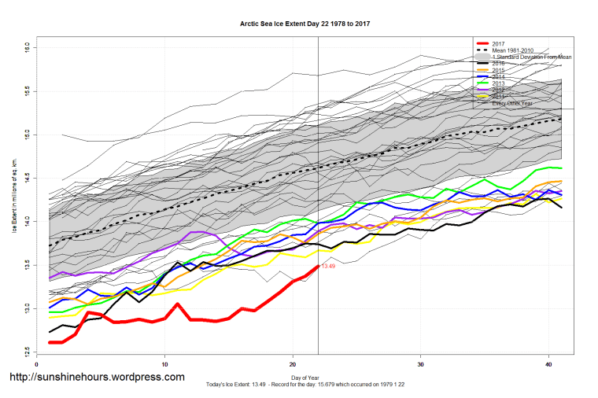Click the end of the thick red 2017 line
318,267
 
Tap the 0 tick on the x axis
37,364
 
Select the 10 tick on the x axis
165,364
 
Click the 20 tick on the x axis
293,364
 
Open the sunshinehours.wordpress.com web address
96,378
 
